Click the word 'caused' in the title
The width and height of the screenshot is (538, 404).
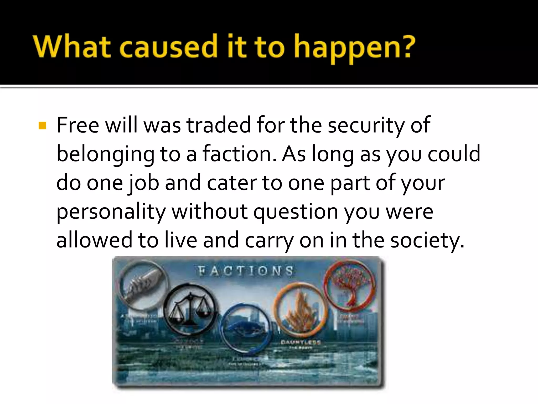point(168,47)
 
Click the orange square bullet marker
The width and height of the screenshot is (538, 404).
point(42,126)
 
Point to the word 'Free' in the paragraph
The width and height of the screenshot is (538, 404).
point(78,125)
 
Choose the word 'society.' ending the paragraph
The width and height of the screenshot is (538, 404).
point(427,241)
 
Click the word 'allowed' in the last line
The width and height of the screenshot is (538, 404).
point(94,240)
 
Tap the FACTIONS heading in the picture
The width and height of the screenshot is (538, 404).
point(246,271)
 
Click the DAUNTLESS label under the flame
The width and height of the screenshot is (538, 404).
point(301,342)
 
